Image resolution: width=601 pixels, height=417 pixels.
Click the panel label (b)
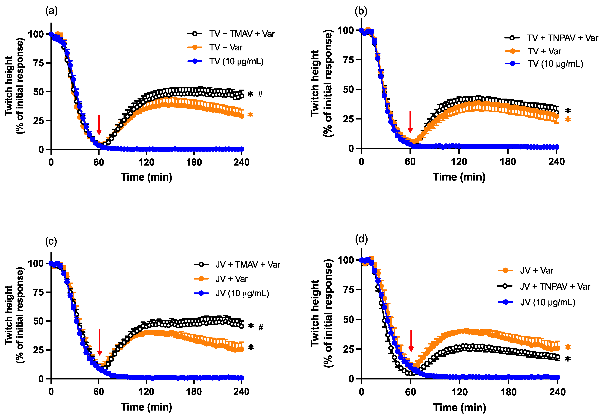(361, 11)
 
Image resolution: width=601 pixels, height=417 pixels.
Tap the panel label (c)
(51, 241)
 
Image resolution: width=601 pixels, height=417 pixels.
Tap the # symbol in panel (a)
(260, 94)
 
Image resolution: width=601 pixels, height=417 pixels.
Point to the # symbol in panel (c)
(261, 327)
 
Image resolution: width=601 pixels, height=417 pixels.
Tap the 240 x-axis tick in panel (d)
(557, 392)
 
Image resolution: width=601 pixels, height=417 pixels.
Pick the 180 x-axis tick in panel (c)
(194, 392)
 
